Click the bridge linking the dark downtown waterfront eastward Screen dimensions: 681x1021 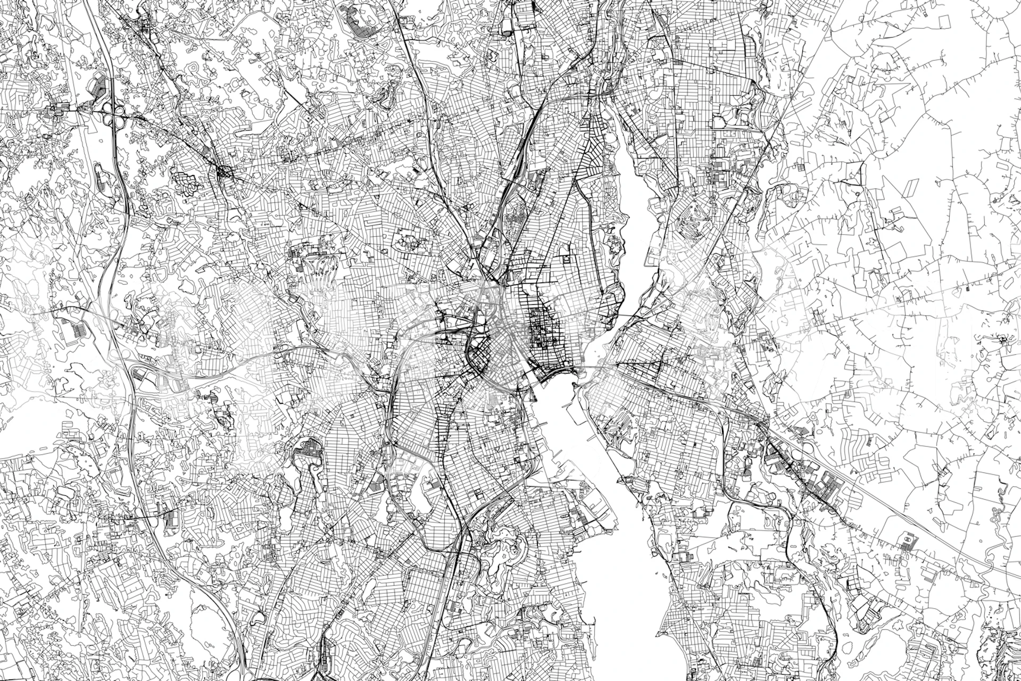[585, 367]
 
